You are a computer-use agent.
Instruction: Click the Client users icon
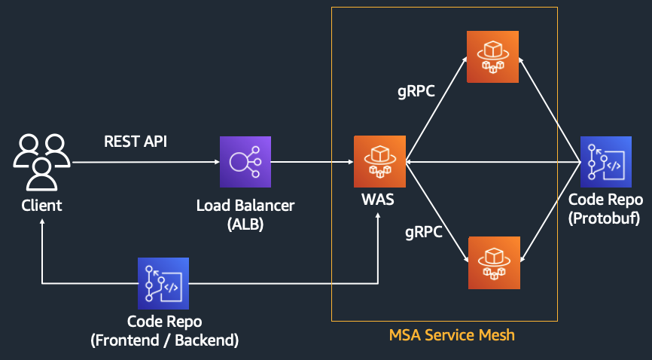pyautogui.click(x=42, y=161)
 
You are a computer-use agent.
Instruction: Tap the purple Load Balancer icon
pyautogui.click(x=245, y=162)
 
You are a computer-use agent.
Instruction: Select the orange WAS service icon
pyautogui.click(x=379, y=162)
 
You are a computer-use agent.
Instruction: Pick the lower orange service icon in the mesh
pyautogui.click(x=493, y=263)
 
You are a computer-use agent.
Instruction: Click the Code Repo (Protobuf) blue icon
pyautogui.click(x=606, y=162)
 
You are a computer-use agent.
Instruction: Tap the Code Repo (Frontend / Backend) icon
pyautogui.click(x=163, y=283)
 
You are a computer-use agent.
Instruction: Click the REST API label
pyautogui.click(x=135, y=141)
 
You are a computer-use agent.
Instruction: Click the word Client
pyautogui.click(x=41, y=204)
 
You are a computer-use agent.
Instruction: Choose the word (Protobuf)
pyautogui.click(x=605, y=218)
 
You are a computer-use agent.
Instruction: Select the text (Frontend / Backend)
pyautogui.click(x=164, y=340)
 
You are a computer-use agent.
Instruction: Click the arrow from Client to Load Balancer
pyautogui.click(x=143, y=162)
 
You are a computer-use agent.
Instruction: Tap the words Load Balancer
pyautogui.click(x=245, y=205)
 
